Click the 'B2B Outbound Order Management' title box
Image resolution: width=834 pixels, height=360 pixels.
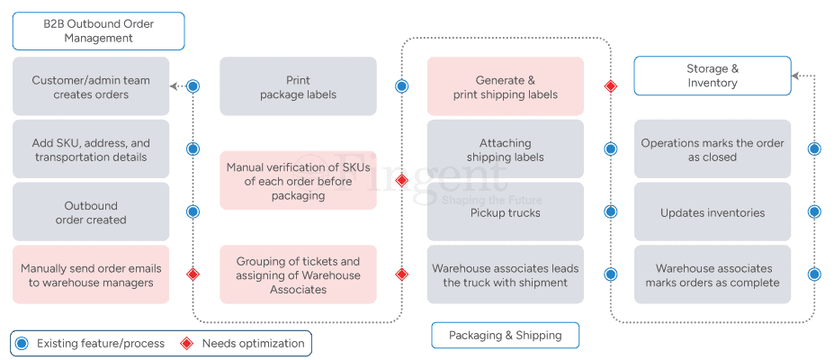(x=98, y=31)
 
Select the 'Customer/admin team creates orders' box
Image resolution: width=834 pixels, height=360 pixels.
(x=91, y=86)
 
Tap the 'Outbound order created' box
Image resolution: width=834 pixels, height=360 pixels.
(x=91, y=211)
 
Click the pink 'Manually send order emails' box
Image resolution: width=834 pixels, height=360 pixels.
(x=91, y=274)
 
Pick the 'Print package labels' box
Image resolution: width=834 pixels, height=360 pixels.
(x=298, y=86)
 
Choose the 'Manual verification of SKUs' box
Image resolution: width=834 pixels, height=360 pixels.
(x=298, y=180)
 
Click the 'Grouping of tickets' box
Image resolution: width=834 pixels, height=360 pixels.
(x=298, y=274)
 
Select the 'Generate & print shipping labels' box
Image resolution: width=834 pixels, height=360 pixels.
(x=506, y=86)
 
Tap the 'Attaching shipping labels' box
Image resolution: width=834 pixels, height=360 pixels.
(x=506, y=148)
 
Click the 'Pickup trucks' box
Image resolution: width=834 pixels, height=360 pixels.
(x=506, y=211)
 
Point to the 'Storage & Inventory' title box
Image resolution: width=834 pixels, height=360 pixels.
(x=713, y=76)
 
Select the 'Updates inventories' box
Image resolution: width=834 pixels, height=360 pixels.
(x=713, y=211)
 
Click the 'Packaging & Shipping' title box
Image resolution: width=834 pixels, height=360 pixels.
(x=506, y=335)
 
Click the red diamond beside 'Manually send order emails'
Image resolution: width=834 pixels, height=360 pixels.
(x=193, y=274)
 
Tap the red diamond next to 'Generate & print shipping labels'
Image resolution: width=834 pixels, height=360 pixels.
(x=611, y=86)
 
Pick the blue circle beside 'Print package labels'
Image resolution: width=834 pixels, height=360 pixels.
(x=401, y=86)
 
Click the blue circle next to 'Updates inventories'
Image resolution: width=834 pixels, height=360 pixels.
(x=814, y=211)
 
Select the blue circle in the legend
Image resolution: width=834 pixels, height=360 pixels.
(x=22, y=344)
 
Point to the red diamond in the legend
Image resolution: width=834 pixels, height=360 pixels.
(x=187, y=344)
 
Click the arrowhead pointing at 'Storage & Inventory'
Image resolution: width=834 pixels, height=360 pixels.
(x=795, y=76)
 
